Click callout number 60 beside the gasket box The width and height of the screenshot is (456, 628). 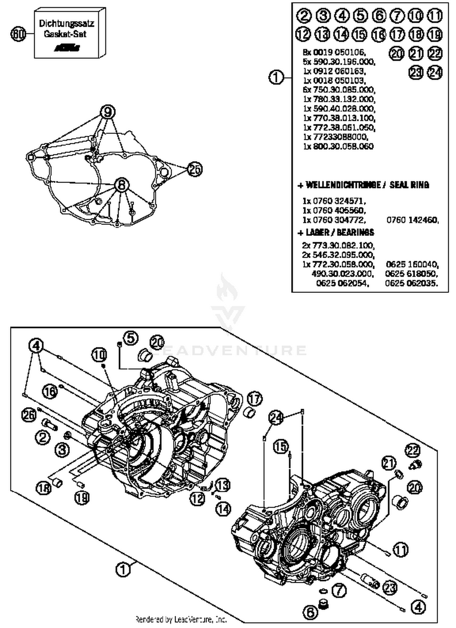(x=18, y=34)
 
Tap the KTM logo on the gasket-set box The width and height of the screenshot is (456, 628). (x=67, y=48)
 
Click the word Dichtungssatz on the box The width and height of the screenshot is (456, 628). (x=67, y=23)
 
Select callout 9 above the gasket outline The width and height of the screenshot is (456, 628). (x=108, y=112)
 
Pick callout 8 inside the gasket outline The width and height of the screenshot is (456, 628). (x=121, y=185)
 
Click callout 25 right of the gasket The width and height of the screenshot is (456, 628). (x=195, y=169)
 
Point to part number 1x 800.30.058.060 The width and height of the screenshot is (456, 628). (x=338, y=146)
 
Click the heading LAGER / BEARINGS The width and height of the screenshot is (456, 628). (x=336, y=232)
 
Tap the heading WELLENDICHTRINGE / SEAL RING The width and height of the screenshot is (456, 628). (x=364, y=185)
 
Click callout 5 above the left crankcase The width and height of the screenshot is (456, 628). (x=131, y=338)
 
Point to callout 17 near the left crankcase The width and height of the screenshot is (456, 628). (x=254, y=398)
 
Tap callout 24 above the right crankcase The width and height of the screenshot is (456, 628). (x=276, y=418)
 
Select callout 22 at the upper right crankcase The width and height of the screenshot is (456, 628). (x=413, y=450)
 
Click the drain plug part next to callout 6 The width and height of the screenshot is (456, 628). (x=323, y=603)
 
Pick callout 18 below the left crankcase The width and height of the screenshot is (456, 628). (x=43, y=488)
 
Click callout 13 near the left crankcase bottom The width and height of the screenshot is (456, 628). (x=223, y=485)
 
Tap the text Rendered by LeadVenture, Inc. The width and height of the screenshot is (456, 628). (x=181, y=619)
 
